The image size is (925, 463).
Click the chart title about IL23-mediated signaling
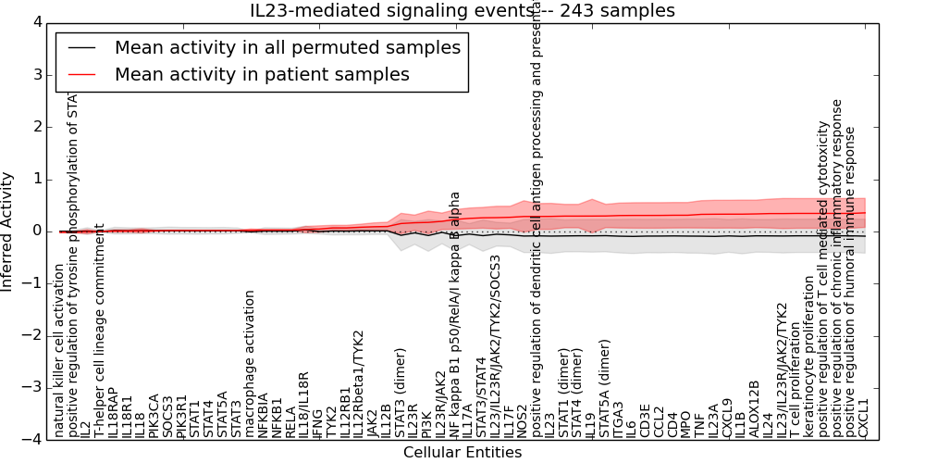point(462,10)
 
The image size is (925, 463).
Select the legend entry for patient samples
point(262,74)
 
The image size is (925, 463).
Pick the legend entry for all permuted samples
point(288,47)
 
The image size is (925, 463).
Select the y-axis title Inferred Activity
point(8,231)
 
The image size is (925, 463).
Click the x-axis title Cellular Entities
point(462,453)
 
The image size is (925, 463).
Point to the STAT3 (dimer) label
point(401,393)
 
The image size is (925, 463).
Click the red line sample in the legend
point(82,74)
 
